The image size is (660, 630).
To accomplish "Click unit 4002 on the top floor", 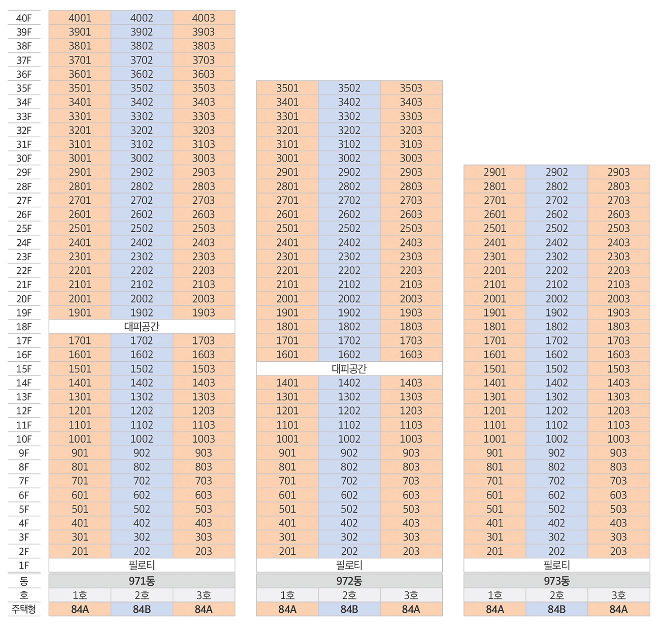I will (x=142, y=18).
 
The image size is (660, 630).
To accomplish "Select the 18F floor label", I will (x=24, y=327).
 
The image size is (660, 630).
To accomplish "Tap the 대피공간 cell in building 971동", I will (x=142, y=327).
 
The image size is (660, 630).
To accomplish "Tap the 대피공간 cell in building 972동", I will (x=349, y=369).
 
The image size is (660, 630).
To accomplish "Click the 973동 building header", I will (x=556, y=581).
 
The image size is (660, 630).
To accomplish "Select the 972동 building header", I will (x=349, y=581).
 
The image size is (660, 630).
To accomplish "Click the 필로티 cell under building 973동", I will (x=556, y=565).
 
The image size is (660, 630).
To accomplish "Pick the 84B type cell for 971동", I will (x=142, y=609).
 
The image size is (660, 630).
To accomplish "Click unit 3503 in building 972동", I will (x=411, y=88).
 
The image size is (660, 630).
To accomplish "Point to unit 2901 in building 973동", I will (x=494, y=172).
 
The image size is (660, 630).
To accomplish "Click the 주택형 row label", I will (x=24, y=609).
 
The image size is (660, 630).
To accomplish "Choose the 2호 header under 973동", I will (x=556, y=595).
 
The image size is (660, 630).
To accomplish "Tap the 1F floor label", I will (x=24, y=565).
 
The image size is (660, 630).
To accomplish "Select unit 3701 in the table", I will (x=80, y=60).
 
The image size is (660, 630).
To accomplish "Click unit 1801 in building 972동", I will (x=287, y=327).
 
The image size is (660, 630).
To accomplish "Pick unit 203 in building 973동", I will (x=618, y=551).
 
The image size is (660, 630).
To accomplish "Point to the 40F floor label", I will (x=24, y=18).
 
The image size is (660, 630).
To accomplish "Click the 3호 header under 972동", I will (x=411, y=595).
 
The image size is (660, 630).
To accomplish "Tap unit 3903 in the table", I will (x=203, y=32).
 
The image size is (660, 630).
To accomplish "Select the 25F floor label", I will (x=24, y=229).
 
